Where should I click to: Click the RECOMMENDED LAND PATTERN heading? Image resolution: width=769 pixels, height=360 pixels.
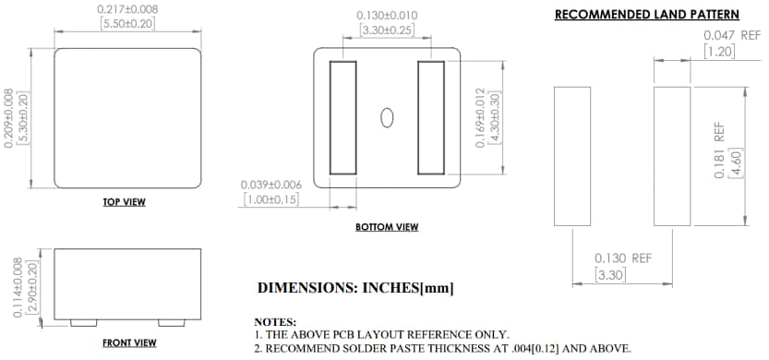point(646,15)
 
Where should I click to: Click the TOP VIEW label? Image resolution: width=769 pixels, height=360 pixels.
point(124,201)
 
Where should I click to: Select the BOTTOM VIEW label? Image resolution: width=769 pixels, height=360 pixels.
point(387,226)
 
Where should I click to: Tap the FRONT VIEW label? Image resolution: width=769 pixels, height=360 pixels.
point(128,342)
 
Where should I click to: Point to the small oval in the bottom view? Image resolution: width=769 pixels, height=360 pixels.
point(388,117)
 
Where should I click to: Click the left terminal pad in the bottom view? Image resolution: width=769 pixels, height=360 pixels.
point(342,117)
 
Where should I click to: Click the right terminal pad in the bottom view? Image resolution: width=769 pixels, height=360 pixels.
point(432,117)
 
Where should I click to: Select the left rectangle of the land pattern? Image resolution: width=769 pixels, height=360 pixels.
point(571,156)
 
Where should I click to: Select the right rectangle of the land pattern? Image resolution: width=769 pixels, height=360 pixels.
point(672,156)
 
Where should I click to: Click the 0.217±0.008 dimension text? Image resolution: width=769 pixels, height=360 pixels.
point(127,9)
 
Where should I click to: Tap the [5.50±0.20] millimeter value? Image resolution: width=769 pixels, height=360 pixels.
point(127,23)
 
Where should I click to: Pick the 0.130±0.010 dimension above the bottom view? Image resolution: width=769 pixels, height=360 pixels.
point(387,16)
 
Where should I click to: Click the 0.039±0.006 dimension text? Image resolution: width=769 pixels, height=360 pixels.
point(270,185)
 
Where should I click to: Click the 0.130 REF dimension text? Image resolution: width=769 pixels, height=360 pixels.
point(621,258)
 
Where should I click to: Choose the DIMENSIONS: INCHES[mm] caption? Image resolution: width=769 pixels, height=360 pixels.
point(355,288)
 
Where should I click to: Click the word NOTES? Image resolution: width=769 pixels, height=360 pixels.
point(275,320)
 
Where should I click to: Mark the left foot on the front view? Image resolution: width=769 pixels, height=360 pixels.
point(81,321)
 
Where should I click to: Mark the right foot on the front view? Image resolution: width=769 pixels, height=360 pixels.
point(171,321)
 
